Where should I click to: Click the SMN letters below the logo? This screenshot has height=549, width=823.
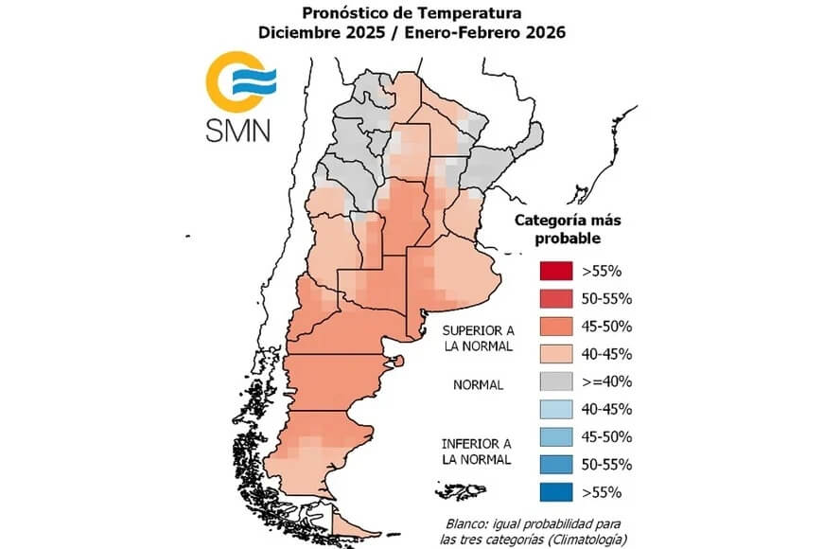coord(237,130)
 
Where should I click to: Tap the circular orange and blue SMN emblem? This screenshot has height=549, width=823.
coord(236,82)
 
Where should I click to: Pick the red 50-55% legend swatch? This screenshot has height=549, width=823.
coord(555,297)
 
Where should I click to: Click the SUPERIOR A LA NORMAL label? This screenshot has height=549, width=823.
coord(478,338)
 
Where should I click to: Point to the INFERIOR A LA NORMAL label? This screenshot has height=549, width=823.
coord(478,451)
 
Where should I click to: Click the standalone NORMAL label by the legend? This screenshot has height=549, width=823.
coord(478,386)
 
